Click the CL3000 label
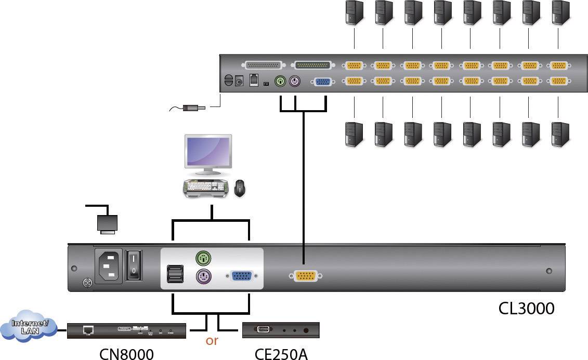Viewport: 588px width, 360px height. tap(526, 309)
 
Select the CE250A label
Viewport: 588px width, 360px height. tap(281, 353)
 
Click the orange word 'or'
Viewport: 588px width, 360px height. tap(212, 341)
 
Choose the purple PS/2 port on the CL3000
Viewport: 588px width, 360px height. tap(203, 276)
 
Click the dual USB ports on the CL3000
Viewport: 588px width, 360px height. tap(175, 274)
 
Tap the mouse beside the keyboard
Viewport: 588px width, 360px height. tap(240, 188)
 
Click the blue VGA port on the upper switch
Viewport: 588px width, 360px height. tap(322, 82)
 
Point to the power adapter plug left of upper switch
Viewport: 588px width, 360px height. tap(194, 108)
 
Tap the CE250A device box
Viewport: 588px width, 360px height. tap(281, 330)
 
